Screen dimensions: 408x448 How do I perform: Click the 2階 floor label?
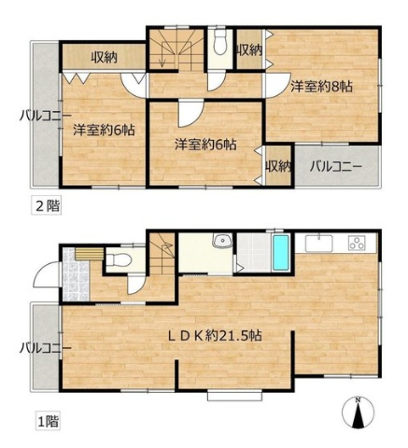coord(47,205)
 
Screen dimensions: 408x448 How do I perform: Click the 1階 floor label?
coord(47,421)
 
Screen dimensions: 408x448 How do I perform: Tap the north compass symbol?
coord(359,412)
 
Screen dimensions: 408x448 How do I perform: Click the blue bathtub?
coord(281,253)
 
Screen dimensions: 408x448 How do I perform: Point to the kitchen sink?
coord(319,244)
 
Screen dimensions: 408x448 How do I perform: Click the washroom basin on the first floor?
coord(222,241)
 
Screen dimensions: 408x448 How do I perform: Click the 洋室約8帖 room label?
coord(321,86)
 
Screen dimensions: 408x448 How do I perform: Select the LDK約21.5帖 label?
coord(215,335)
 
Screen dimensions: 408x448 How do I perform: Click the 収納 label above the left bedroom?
coord(105,58)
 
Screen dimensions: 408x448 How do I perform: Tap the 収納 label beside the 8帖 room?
coord(249,50)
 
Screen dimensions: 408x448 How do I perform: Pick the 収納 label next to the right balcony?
coord(278,167)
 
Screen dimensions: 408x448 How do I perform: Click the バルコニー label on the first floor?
coord(46,348)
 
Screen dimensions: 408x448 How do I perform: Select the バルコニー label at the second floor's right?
coord(336,167)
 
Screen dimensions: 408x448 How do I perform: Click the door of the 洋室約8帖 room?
coord(277,85)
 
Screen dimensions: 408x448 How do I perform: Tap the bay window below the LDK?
coord(235,396)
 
